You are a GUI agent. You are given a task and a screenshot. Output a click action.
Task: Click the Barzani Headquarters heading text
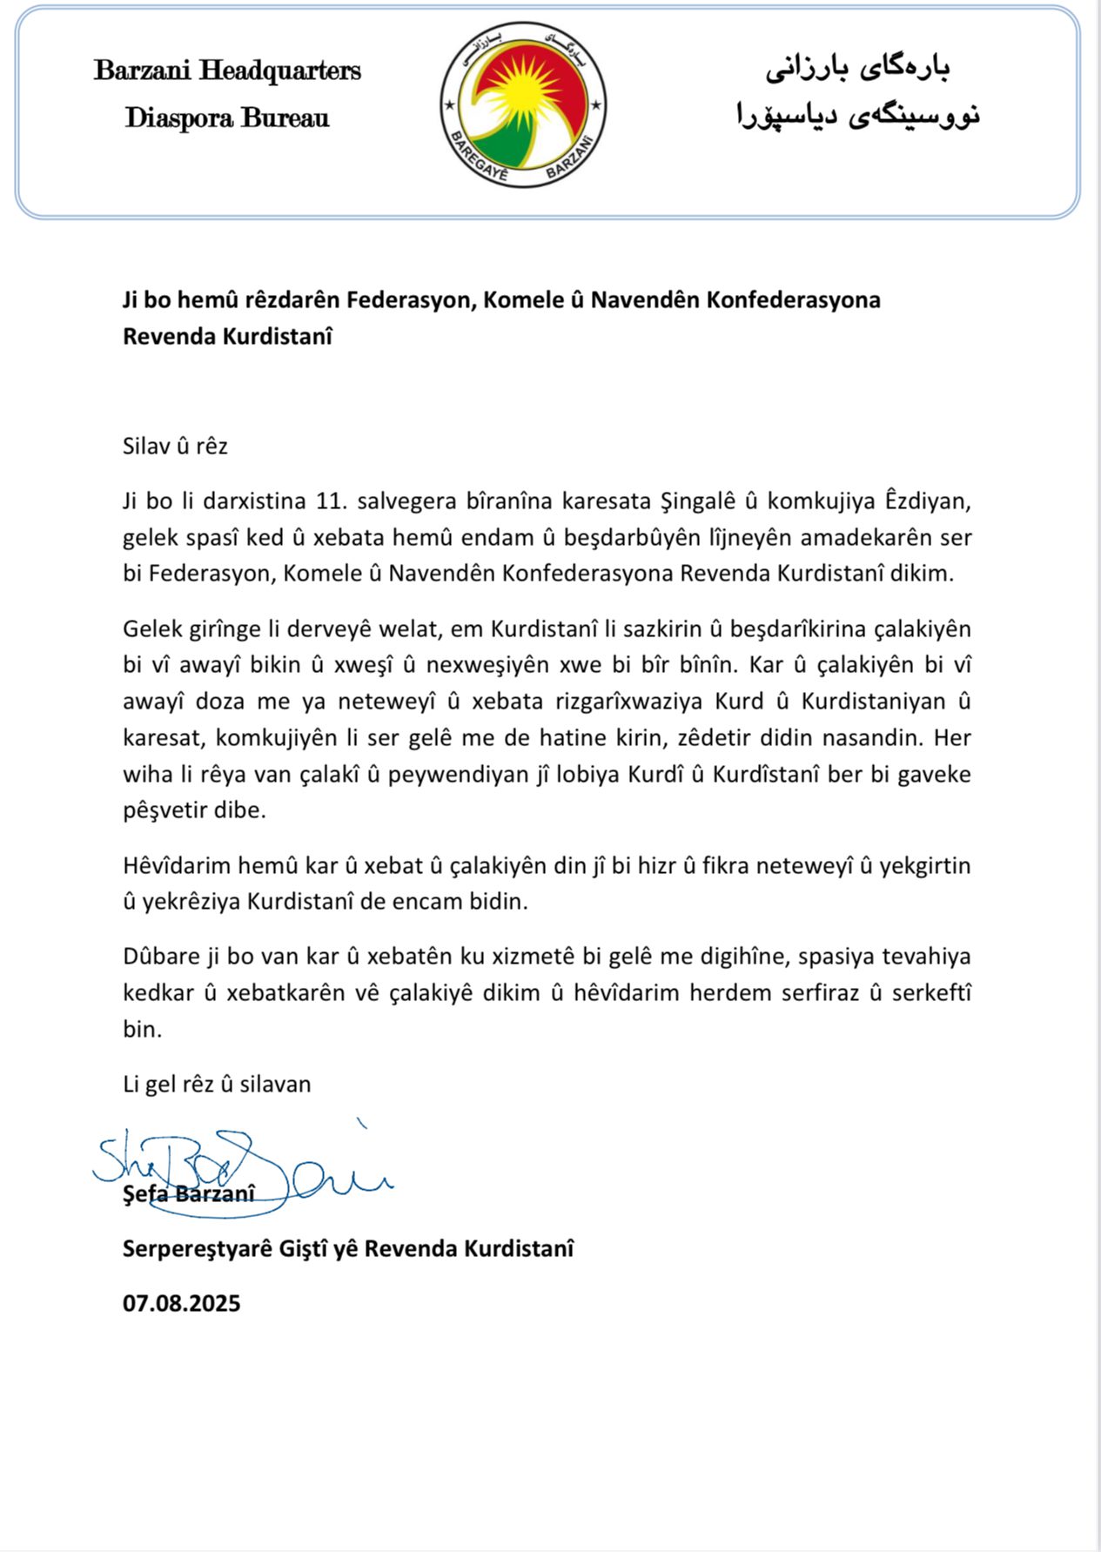coord(227,71)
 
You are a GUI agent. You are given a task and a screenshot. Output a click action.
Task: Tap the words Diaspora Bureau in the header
coord(227,118)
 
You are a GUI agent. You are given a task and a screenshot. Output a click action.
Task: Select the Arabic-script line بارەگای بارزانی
coord(857,69)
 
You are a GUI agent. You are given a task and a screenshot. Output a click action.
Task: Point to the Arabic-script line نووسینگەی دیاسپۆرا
coord(857,115)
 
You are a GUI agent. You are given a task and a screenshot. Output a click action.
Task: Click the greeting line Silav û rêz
coord(175,447)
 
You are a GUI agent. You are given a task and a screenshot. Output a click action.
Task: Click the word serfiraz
coord(816,993)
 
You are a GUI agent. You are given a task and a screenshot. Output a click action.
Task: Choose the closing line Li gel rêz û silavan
coord(217,1085)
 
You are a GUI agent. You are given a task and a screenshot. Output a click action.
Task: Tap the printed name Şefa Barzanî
coord(189,1194)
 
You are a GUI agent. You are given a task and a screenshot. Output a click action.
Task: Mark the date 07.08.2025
coord(181,1304)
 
